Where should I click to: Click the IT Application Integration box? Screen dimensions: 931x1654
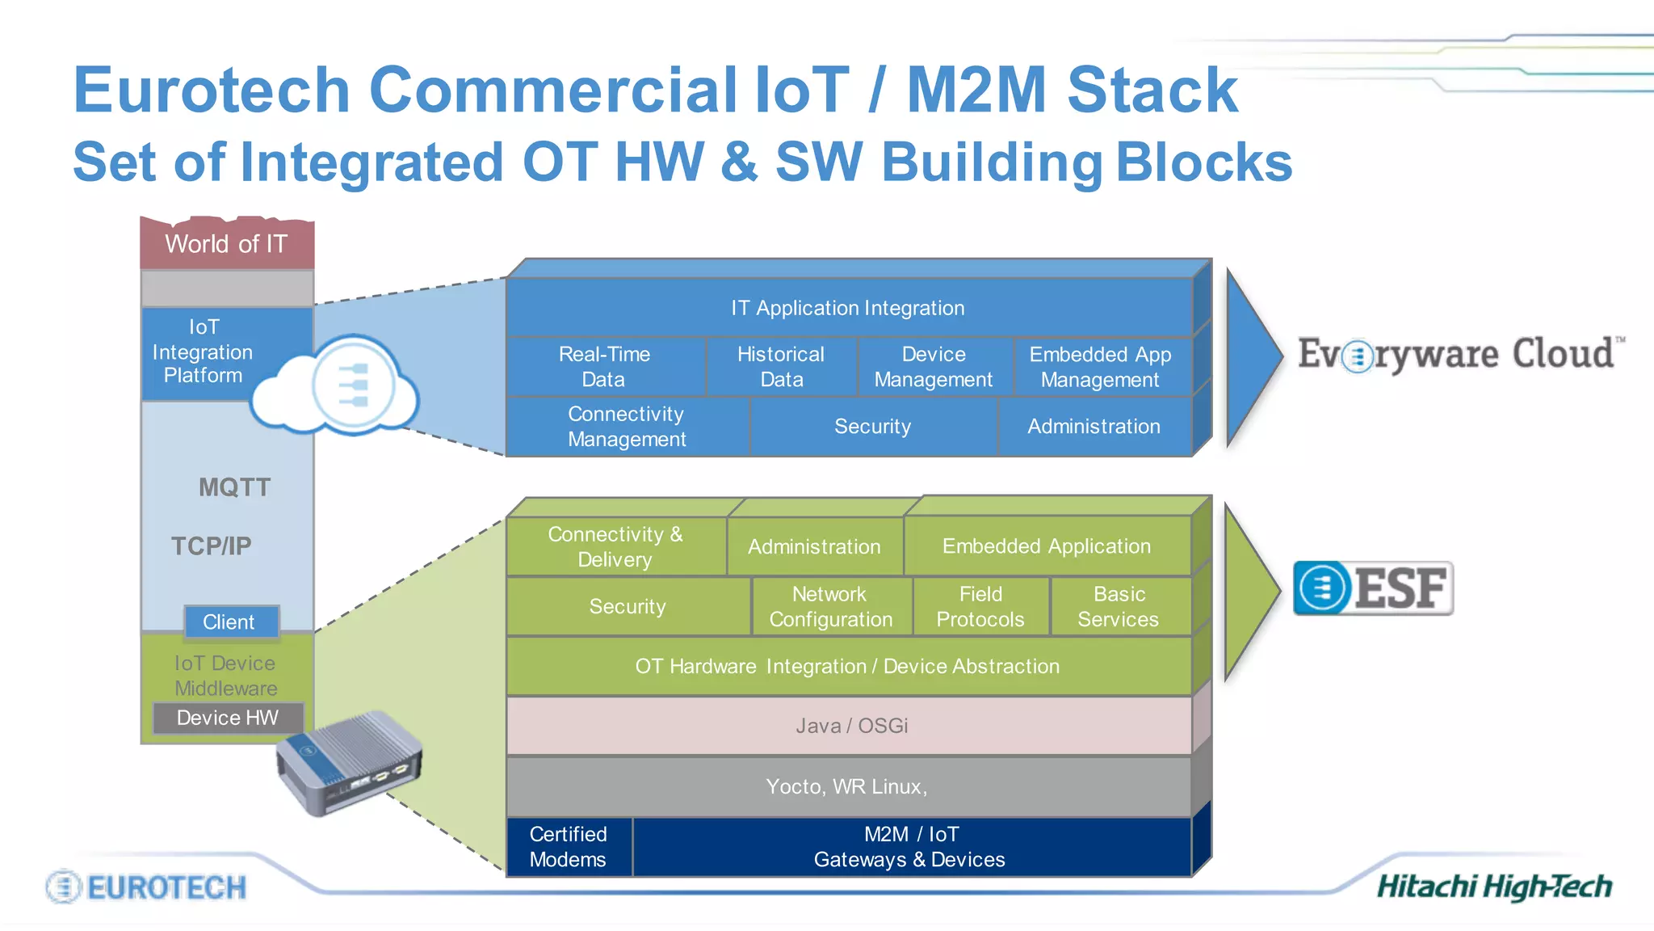(848, 308)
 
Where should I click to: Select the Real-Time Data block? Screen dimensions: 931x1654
(604, 367)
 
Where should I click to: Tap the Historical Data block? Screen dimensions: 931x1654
(781, 367)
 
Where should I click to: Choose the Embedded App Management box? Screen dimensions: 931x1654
(1100, 367)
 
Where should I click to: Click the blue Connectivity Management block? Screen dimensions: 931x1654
(627, 427)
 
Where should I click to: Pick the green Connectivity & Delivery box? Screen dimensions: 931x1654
(615, 547)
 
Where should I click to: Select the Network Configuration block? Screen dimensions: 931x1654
(831, 607)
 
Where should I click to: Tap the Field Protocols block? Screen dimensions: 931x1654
(980, 607)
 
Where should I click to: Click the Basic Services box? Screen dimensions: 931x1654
(1119, 607)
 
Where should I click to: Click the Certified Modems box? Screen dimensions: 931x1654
(569, 847)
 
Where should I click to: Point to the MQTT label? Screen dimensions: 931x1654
(234, 487)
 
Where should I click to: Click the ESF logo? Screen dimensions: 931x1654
(1373, 588)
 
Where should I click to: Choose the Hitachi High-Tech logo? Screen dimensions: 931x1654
(1494, 887)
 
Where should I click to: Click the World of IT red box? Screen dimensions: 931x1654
(226, 243)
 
